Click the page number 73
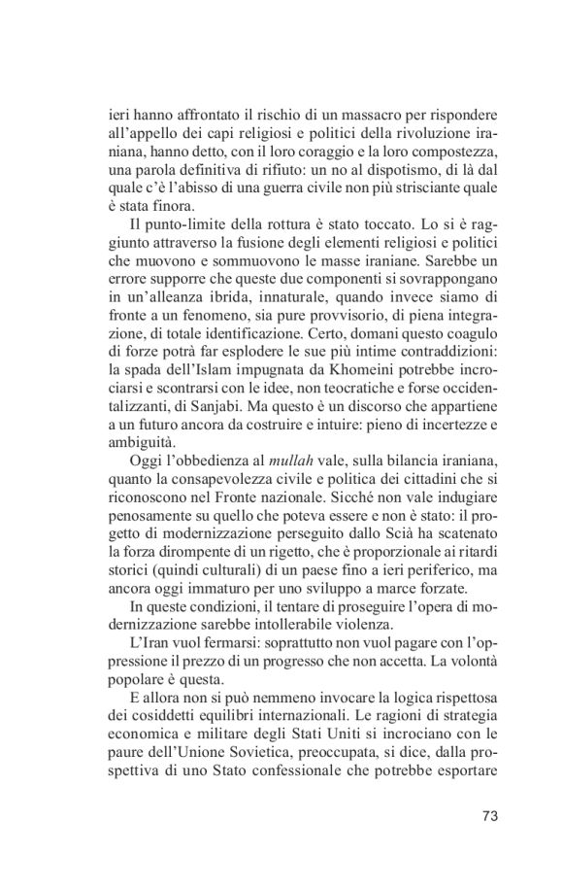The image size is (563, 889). [488, 814]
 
